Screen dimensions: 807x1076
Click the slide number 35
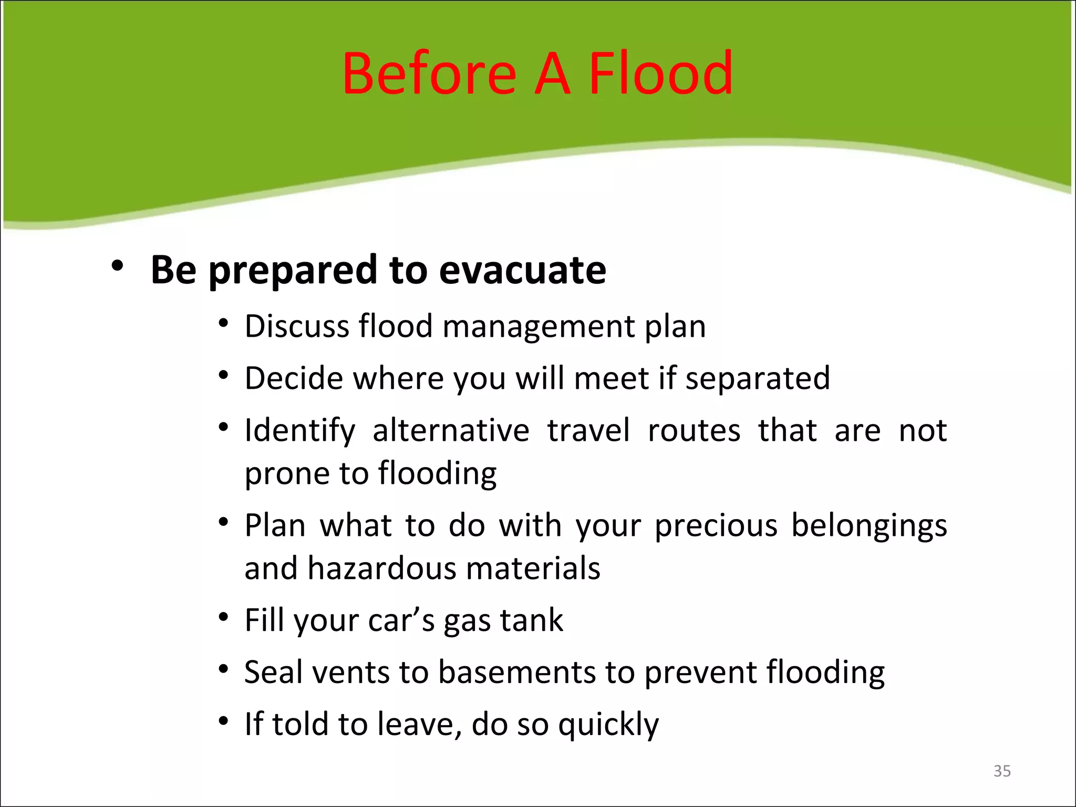click(x=1002, y=771)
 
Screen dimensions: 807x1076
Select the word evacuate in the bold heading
click(x=522, y=270)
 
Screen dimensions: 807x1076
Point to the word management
click(x=539, y=326)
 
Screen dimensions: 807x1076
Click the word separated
click(x=758, y=378)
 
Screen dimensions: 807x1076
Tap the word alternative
click(x=451, y=430)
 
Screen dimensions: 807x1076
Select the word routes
click(x=694, y=430)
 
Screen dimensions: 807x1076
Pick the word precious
click(x=716, y=525)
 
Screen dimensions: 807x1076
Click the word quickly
click(x=608, y=725)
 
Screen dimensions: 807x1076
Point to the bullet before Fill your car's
click(x=224, y=617)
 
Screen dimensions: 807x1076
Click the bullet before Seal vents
click(x=224, y=669)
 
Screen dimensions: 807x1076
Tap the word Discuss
click(x=297, y=326)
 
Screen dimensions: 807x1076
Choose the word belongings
click(x=869, y=525)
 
